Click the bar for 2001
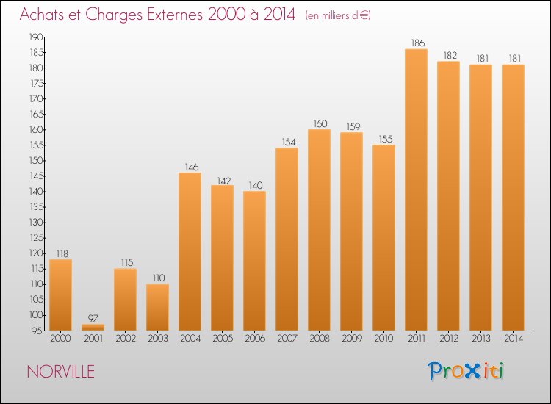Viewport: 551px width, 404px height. (93, 327)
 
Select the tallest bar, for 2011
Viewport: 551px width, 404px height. (416, 190)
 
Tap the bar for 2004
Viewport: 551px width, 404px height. (190, 251)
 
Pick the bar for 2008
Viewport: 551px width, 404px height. (319, 230)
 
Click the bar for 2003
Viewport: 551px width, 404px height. (157, 307)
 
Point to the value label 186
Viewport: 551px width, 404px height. (418, 43)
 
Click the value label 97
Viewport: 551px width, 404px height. (93, 318)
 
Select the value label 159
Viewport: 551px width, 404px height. (353, 126)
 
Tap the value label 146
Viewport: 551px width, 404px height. (192, 167)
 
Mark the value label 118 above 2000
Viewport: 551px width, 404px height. (62, 253)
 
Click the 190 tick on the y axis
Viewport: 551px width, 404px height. (36, 37)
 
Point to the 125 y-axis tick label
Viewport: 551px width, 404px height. (36, 238)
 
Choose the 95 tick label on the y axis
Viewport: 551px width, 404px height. (37, 331)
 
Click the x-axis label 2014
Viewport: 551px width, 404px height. (514, 339)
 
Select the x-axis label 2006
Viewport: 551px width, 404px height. (255, 339)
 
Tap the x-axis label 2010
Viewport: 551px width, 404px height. (383, 339)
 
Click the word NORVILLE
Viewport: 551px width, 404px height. (61, 372)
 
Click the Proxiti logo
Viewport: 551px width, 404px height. (466, 371)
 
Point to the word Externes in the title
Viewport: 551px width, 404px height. (175, 14)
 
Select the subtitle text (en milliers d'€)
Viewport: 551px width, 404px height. (338, 15)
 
